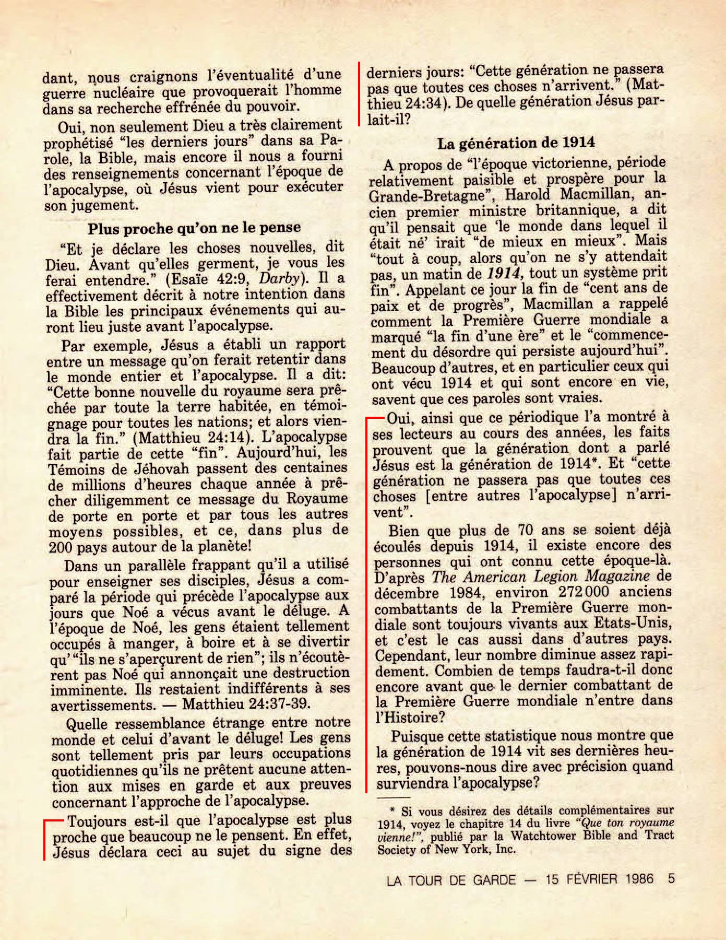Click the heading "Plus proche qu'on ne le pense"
pyautogui.click(x=194, y=228)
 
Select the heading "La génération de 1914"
pyautogui.click(x=516, y=143)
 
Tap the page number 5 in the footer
pyautogui.click(x=671, y=879)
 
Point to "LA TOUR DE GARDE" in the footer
pyautogui.click(x=451, y=880)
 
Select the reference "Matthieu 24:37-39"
pyautogui.click(x=246, y=703)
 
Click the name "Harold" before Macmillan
pyautogui.click(x=528, y=196)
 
